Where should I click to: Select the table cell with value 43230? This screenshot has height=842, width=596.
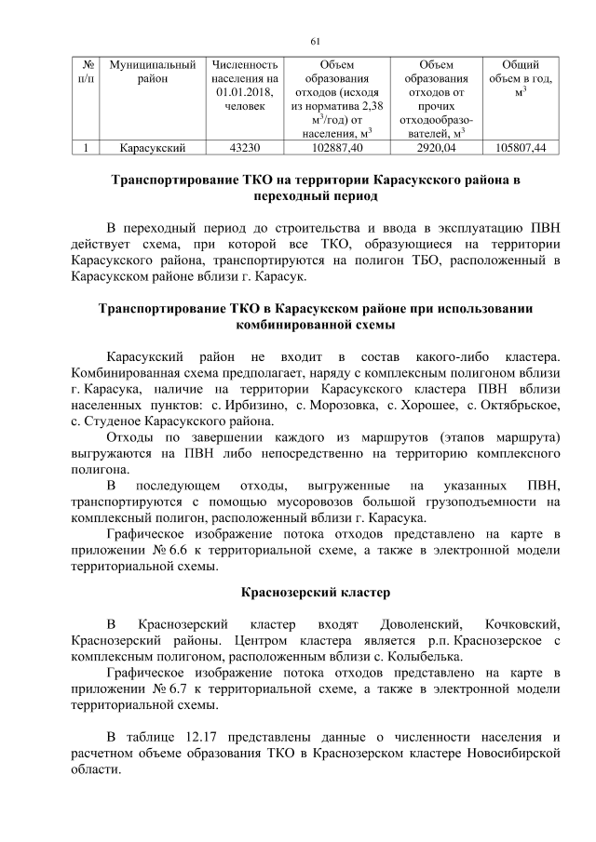click(x=245, y=147)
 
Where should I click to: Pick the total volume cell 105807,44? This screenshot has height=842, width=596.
click(x=521, y=147)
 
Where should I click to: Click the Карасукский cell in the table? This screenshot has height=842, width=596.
click(x=153, y=147)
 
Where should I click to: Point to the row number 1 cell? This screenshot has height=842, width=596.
click(x=86, y=147)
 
